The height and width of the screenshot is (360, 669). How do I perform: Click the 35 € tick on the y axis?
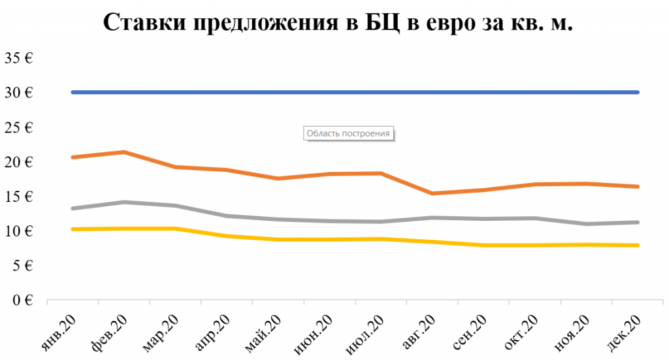(20, 58)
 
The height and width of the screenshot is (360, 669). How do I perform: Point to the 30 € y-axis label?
(20, 93)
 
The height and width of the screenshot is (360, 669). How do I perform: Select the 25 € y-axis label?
(20, 127)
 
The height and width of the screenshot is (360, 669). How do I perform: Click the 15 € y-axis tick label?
(20, 197)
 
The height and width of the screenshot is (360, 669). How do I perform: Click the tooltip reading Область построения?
(350, 133)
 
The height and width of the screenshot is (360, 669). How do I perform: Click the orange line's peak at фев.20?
(124, 152)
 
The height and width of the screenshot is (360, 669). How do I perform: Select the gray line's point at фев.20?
(124, 202)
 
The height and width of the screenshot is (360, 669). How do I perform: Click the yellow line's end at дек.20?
(638, 245)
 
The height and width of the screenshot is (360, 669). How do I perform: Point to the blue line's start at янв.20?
(73, 92)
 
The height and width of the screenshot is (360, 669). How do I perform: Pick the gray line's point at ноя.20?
(586, 224)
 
